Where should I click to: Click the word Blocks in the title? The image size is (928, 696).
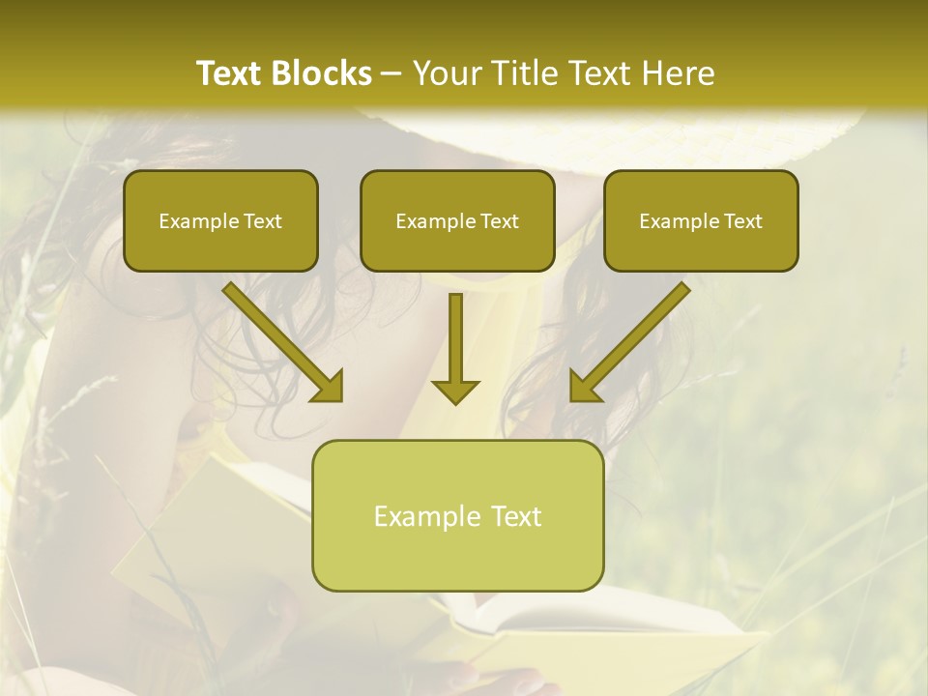tap(324, 73)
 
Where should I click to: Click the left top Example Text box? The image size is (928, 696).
tap(220, 220)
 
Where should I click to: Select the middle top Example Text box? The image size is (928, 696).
tap(457, 220)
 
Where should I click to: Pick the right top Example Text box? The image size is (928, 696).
tap(701, 220)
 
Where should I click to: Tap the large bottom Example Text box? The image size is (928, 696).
tap(457, 515)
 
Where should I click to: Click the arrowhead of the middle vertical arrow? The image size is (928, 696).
tap(455, 391)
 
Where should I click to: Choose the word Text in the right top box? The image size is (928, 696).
tap(742, 221)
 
